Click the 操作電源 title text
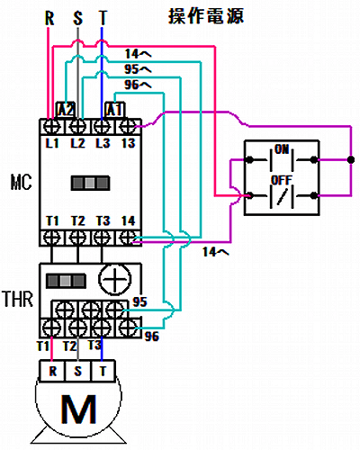pos(206,16)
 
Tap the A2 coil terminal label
pos(66,110)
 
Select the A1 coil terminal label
pos(115,110)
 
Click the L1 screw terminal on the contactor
pos(52,127)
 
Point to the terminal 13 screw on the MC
pos(128,127)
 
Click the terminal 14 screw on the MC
pos(128,238)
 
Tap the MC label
pos(21,182)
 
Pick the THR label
pos(18,299)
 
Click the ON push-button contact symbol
pos(282,159)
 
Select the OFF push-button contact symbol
pos(282,195)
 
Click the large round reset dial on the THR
pos(115,279)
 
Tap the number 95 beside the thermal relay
pos(139,301)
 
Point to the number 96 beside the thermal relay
pos(152,337)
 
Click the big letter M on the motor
pos(78,409)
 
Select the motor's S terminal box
pos(78,371)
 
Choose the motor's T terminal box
pos(103,371)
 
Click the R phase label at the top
pos(49,18)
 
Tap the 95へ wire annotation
pos(139,69)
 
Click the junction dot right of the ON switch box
pos(351,159)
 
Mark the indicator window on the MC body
pos(90,183)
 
